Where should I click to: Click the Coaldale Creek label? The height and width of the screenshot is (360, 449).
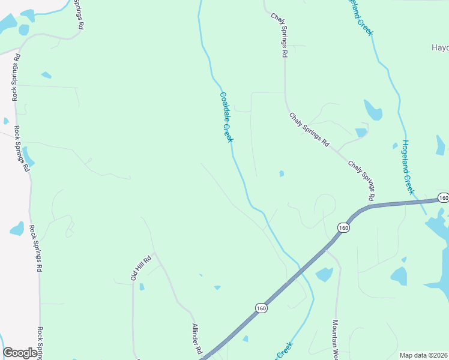(x=226, y=117)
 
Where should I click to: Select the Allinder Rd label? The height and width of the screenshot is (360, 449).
(x=196, y=340)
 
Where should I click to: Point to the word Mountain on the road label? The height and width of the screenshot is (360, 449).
(x=336, y=333)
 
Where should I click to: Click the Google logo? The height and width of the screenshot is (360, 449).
(x=20, y=353)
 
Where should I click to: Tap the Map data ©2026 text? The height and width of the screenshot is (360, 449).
(x=423, y=355)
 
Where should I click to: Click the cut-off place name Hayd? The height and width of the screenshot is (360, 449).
(x=440, y=47)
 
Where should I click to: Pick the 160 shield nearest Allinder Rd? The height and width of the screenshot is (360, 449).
(x=260, y=308)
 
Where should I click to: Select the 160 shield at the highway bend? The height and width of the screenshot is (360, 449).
(x=343, y=227)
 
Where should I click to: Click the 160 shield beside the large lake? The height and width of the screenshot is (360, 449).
(x=443, y=198)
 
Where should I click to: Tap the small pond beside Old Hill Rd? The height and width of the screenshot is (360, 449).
(x=142, y=287)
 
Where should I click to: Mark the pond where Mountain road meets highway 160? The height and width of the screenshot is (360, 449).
(x=324, y=274)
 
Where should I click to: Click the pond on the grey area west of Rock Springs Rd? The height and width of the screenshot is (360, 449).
(x=17, y=229)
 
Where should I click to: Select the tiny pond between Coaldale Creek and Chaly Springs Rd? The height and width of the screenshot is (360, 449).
(x=281, y=174)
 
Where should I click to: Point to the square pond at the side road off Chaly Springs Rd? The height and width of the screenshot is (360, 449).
(x=361, y=133)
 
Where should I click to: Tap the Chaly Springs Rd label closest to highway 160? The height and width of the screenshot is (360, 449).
(x=362, y=180)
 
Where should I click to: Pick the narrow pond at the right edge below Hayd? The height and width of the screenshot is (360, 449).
(x=441, y=145)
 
